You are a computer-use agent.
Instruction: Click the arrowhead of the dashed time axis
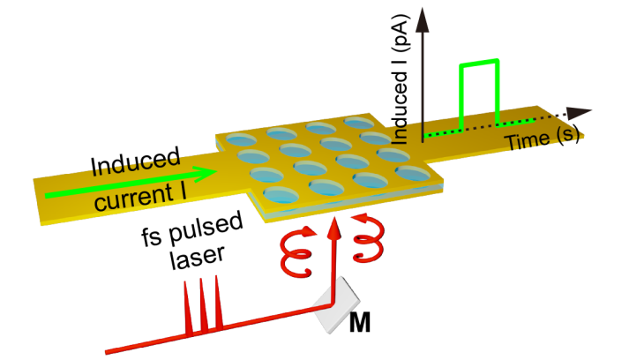(580, 112)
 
